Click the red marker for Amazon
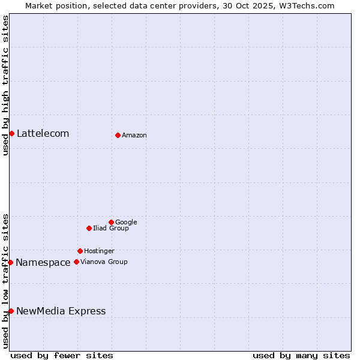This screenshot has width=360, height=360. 118,135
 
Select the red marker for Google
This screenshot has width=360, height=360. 111,222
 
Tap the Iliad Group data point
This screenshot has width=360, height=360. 89,228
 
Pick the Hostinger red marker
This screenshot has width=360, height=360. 80,251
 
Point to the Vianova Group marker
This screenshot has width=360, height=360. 76,262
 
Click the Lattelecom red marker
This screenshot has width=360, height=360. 11,133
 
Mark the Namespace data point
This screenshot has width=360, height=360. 10,262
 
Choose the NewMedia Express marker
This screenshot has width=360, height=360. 11,311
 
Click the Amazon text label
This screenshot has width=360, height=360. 134,136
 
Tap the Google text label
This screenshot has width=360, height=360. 126,223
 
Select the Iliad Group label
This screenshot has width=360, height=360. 111,229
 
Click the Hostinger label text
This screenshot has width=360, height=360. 99,251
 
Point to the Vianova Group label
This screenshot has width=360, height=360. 104,262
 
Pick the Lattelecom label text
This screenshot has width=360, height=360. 43,134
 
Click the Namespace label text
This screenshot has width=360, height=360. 43,263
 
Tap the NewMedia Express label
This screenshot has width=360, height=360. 61,311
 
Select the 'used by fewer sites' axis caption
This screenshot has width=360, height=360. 62,355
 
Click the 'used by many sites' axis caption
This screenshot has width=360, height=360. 301,355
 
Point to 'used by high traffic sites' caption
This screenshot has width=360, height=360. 5,85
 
